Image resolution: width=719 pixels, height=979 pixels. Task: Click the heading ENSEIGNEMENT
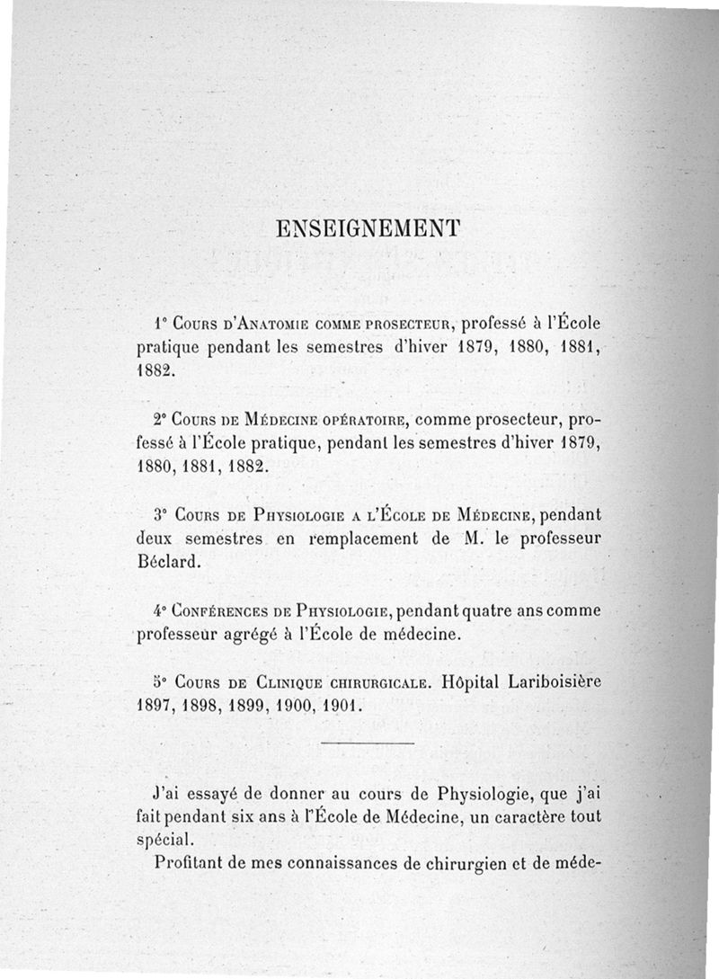[x=368, y=228]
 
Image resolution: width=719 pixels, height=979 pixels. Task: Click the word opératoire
[x=361, y=421]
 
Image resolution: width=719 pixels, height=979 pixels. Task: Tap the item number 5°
[x=160, y=681]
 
